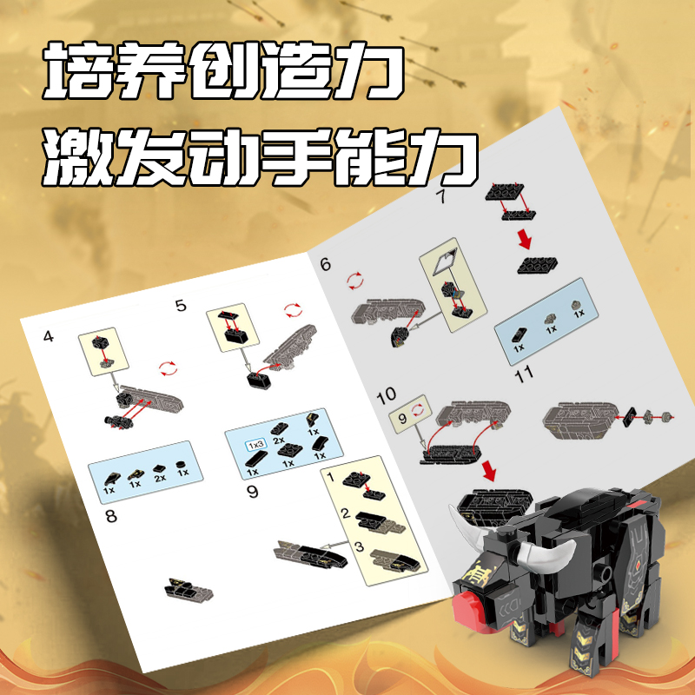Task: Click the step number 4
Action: tap(49, 337)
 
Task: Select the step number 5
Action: tap(181, 306)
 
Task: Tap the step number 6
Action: tap(326, 264)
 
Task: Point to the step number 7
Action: tap(440, 196)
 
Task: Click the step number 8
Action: tap(111, 516)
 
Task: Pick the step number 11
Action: tap(524, 375)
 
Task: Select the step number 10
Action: tap(386, 395)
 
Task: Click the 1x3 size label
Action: tap(256, 444)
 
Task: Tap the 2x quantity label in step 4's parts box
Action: tap(160, 478)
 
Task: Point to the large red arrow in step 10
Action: tap(489, 471)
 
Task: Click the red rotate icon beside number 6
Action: tap(355, 281)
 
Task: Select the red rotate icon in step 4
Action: tap(168, 368)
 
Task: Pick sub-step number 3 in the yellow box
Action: tap(359, 546)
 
